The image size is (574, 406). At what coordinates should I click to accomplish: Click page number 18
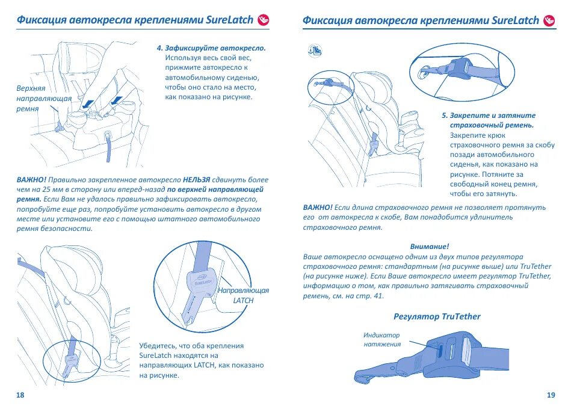click(20, 395)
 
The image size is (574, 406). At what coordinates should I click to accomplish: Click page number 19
click(551, 395)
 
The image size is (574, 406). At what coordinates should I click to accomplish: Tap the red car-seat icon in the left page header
click(263, 20)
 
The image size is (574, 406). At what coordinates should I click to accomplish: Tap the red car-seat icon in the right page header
click(549, 20)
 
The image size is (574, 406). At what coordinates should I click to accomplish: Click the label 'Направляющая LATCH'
click(243, 295)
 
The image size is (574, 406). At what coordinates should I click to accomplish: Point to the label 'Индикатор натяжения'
click(381, 340)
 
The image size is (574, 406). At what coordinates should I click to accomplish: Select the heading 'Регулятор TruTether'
click(437, 316)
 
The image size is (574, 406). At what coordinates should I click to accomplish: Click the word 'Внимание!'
click(430, 247)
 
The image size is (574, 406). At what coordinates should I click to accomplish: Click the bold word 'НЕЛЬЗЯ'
click(197, 180)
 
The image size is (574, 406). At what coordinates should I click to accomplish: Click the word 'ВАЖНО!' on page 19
click(317, 208)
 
